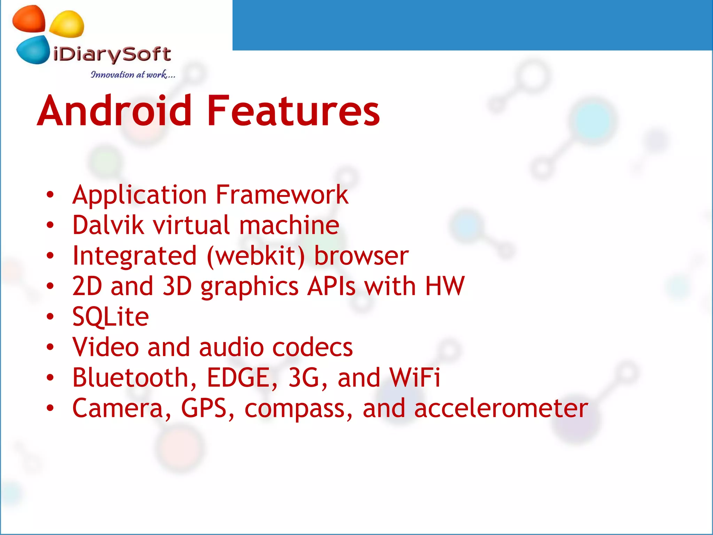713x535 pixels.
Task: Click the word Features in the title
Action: pyautogui.click(x=293, y=111)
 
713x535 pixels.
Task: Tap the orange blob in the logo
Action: pyautogui.click(x=29, y=19)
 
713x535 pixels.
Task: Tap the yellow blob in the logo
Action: pyautogui.click(x=67, y=24)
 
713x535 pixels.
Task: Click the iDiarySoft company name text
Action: pyautogui.click(x=112, y=55)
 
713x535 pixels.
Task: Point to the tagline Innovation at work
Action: pyautogui.click(x=132, y=75)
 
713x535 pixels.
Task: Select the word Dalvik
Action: pyautogui.click(x=108, y=225)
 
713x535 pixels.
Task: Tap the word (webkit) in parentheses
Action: pyautogui.click(x=256, y=256)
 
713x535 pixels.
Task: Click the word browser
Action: pyautogui.click(x=361, y=256)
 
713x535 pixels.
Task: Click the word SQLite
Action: pyautogui.click(x=110, y=317)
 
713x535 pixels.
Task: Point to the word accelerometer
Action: pyautogui.click(x=501, y=408)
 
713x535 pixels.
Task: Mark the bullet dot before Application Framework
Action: pyautogui.click(x=50, y=195)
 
